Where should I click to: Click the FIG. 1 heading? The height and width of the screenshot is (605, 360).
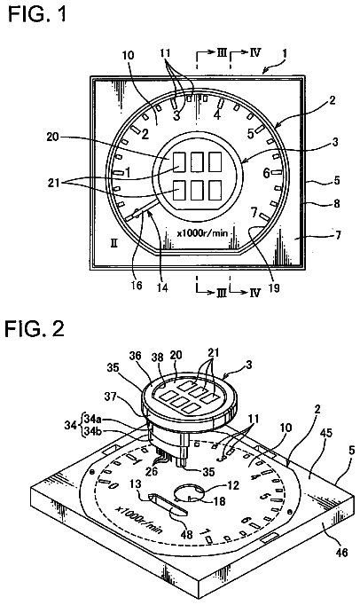coord(37,14)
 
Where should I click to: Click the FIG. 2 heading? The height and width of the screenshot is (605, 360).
coord(35,329)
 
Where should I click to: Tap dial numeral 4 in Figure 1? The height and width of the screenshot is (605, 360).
coord(217,115)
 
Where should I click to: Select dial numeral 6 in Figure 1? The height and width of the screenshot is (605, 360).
coord(266,173)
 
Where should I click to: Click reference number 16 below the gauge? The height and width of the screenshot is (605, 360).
coord(137,285)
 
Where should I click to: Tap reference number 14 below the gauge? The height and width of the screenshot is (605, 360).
coord(162,287)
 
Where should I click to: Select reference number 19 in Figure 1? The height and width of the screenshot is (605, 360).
coord(274,287)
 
